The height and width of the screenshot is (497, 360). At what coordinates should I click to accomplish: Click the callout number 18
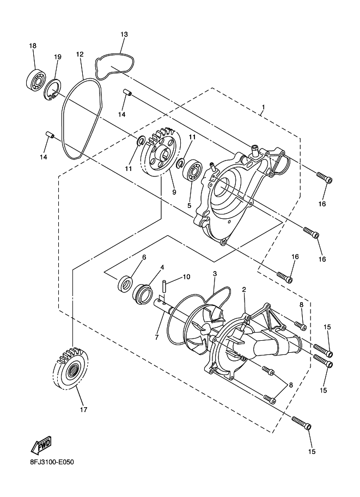[x=33, y=46]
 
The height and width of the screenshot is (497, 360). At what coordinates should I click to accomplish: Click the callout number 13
[x=124, y=34]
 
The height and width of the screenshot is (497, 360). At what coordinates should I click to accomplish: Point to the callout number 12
[x=80, y=54]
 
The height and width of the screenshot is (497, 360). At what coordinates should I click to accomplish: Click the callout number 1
[x=263, y=107]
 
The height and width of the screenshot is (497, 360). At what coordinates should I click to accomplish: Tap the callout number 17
[x=83, y=409]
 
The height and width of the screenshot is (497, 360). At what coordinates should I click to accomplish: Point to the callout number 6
[x=144, y=257]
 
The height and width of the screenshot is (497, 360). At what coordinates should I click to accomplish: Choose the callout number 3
[x=215, y=274]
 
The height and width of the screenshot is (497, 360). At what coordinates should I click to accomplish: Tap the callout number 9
[x=174, y=192]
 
